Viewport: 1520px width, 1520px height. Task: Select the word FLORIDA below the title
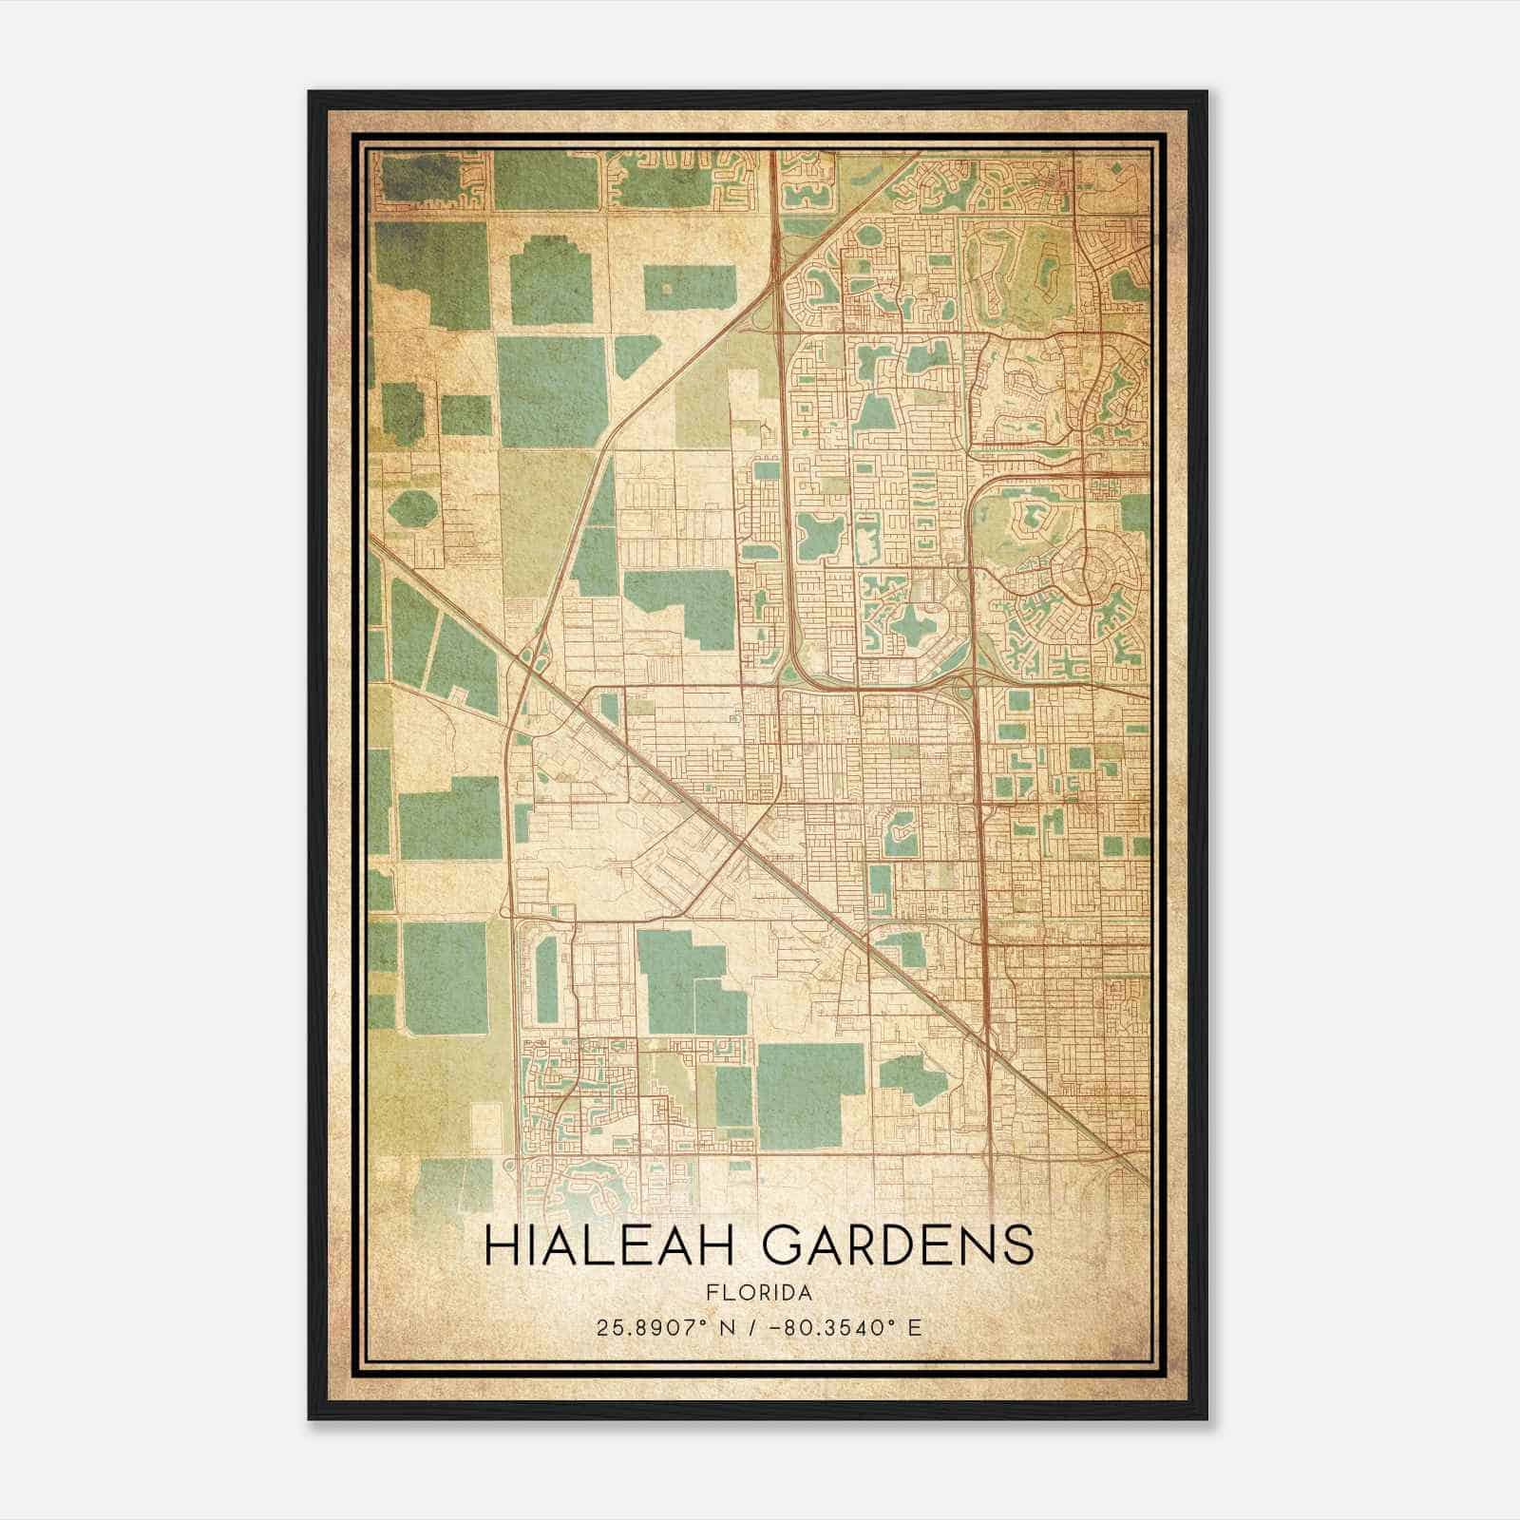coord(759,1293)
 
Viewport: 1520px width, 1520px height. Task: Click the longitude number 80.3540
coord(831,1327)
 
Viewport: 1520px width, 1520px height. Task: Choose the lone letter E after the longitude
coord(914,1327)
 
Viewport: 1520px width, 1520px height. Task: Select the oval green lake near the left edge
coord(411,510)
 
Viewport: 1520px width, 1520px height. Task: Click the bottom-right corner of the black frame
coord(1206,1419)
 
